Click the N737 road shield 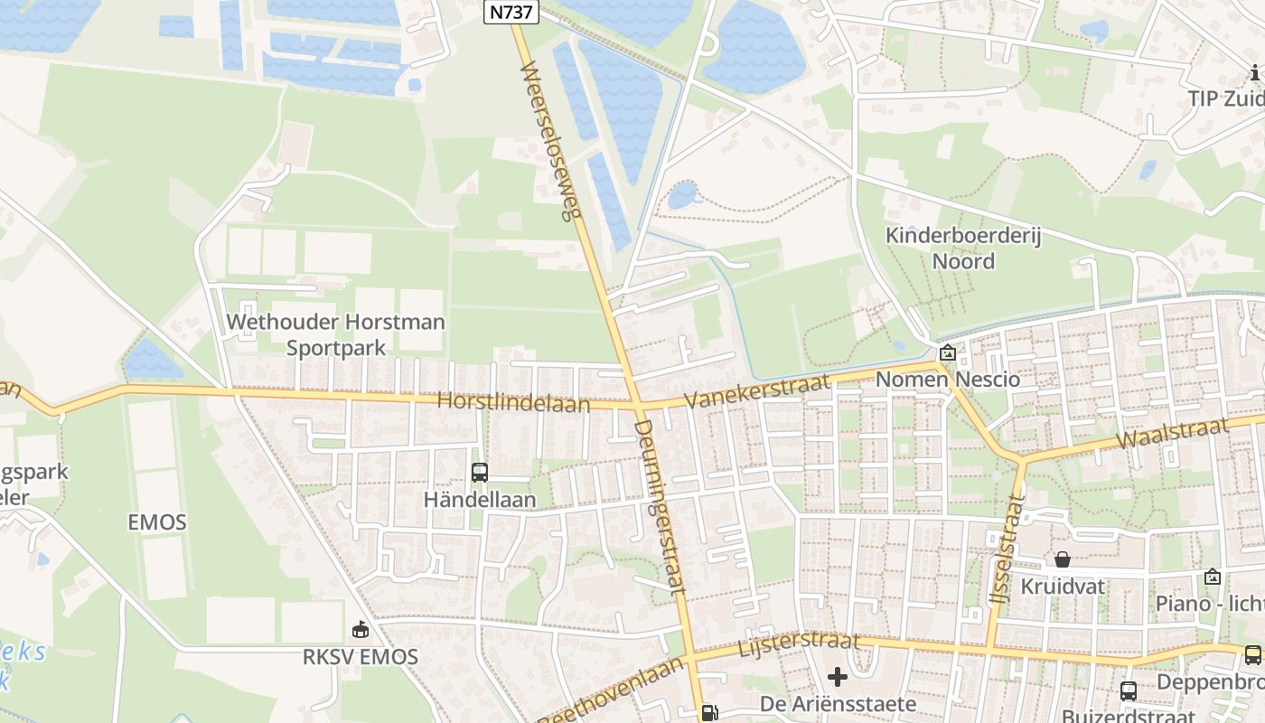point(511,12)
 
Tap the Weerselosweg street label point(549,142)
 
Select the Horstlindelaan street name point(513,402)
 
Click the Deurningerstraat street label point(660,506)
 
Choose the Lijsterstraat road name point(799,644)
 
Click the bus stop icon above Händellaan point(480,473)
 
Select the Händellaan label point(480,500)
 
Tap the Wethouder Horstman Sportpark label point(335,334)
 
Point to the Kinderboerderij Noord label point(963,249)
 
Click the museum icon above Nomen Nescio point(947,353)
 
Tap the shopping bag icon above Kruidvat point(1063,560)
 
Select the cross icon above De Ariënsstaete point(838,676)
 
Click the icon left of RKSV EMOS point(360,629)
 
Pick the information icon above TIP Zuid point(1255,72)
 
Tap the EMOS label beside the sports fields point(157,521)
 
